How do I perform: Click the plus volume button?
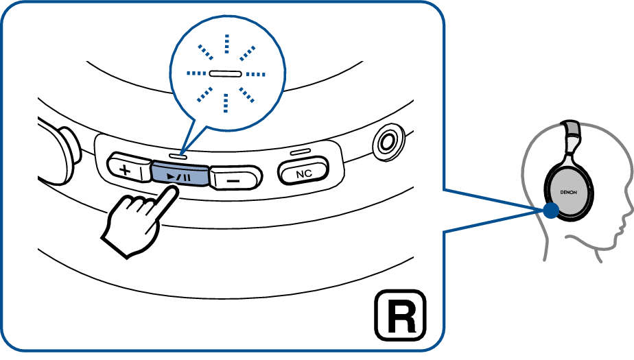126,169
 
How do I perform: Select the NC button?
303,173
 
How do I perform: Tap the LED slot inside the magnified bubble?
224,73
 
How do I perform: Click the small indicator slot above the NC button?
301,152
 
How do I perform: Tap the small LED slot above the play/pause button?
179,156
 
